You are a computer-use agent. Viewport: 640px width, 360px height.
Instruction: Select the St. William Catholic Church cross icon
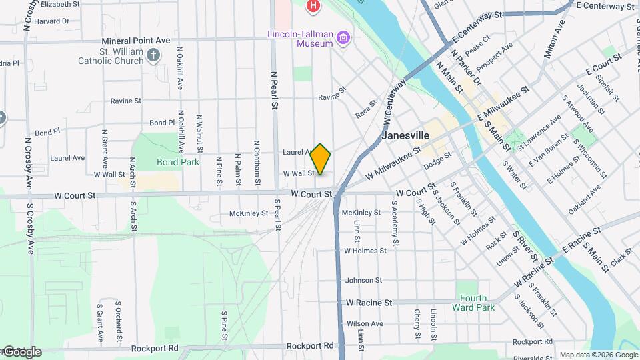pyautogui.click(x=154, y=55)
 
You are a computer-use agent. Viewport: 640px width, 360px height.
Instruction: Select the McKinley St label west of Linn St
pyautogui.click(x=248, y=213)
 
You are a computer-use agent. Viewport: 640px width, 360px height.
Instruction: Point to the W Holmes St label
pyautogui.click(x=365, y=251)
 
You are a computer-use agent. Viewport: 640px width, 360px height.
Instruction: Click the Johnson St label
pyautogui.click(x=363, y=281)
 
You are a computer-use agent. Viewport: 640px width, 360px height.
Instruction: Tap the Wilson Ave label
pyautogui.click(x=365, y=323)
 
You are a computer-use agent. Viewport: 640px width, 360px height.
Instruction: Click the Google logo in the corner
pyautogui.click(x=21, y=352)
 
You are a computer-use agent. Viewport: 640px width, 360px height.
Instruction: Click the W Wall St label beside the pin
pyautogui.click(x=299, y=173)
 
